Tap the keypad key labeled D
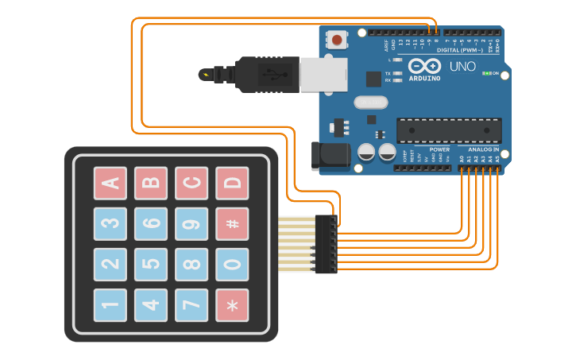click(x=232, y=184)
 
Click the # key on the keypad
click(x=232, y=224)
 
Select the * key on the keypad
click(x=232, y=305)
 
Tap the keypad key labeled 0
click(x=232, y=265)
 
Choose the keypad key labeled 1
click(x=110, y=305)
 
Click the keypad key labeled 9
click(x=191, y=224)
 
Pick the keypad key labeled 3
click(x=110, y=224)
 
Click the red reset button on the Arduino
click(x=338, y=40)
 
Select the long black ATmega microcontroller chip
click(x=449, y=130)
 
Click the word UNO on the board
click(x=462, y=67)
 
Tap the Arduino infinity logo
click(x=424, y=66)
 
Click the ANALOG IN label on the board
click(x=483, y=149)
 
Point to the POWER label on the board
click(x=439, y=149)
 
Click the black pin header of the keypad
click(x=326, y=244)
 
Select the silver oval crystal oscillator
click(x=370, y=102)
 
